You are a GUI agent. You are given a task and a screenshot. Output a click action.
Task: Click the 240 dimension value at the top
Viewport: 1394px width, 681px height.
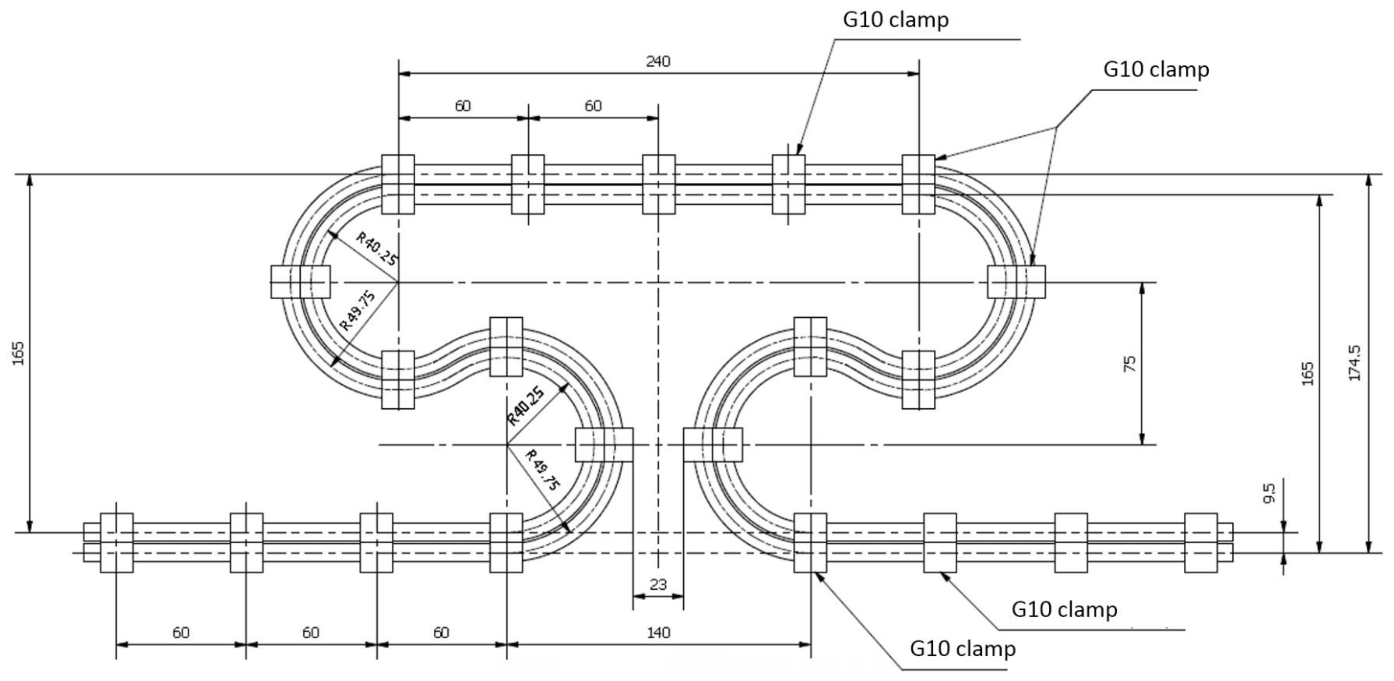(x=658, y=62)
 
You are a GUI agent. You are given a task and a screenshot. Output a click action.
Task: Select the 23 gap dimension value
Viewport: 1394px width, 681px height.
(x=658, y=585)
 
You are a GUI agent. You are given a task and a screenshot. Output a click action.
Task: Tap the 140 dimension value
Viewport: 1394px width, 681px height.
(x=658, y=632)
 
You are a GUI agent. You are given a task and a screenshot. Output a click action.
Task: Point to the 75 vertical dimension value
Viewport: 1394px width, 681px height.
(x=1130, y=364)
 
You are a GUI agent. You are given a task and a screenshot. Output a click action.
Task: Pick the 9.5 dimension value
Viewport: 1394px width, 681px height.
(x=1269, y=493)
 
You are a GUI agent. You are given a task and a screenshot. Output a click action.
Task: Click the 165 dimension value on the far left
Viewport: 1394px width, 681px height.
(x=18, y=353)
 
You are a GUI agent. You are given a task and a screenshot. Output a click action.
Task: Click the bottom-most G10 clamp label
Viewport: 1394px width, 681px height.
(x=963, y=649)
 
